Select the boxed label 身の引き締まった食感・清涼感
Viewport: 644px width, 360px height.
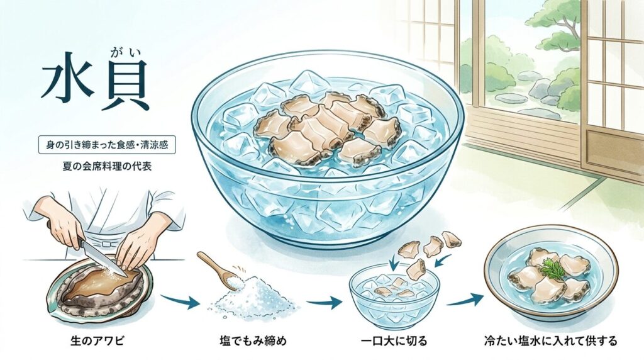pyautogui.click(x=107, y=145)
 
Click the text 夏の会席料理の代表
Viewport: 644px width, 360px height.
pyautogui.click(x=107, y=166)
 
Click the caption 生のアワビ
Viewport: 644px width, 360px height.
pyautogui.click(x=97, y=340)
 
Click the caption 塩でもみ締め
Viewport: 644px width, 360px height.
pyautogui.click(x=253, y=341)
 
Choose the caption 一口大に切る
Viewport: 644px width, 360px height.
pyautogui.click(x=394, y=341)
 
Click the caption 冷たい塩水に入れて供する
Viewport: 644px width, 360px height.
pyautogui.click(x=551, y=341)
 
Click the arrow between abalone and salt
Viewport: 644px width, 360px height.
pyautogui.click(x=177, y=302)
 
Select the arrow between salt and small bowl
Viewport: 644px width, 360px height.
pyautogui.click(x=325, y=303)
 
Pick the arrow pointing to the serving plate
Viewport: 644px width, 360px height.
pyautogui.click(x=465, y=300)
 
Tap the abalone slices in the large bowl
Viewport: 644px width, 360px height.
pyautogui.click(x=326, y=130)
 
